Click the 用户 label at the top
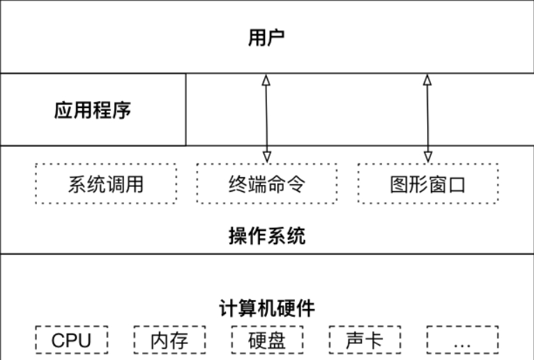[267, 37]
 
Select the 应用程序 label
[93, 110]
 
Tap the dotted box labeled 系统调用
[105, 184]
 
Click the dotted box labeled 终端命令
[267, 184]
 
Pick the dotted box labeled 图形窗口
[428, 184]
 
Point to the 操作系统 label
[267, 235]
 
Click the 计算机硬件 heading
[267, 308]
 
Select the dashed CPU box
[71, 340]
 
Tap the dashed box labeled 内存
[169, 340]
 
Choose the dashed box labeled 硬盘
[267, 340]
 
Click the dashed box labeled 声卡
[364, 340]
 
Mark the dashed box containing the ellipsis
[462, 340]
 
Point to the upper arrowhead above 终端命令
[266, 80]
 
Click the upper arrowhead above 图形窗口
[427, 80]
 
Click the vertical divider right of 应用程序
[186, 110]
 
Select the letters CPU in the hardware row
[71, 340]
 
